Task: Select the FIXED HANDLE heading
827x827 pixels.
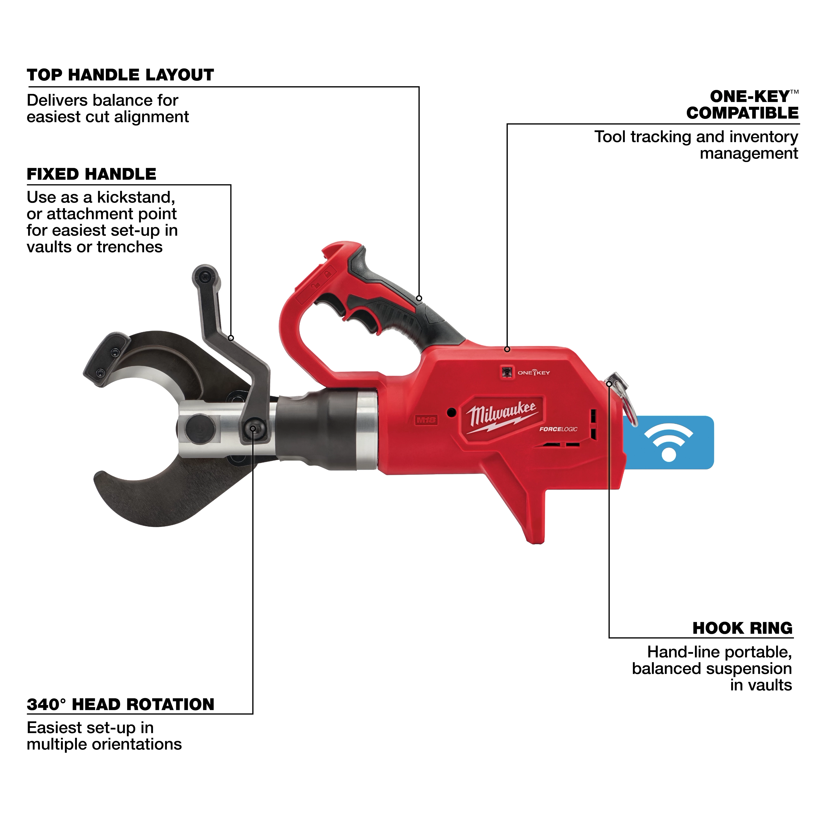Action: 91,174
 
